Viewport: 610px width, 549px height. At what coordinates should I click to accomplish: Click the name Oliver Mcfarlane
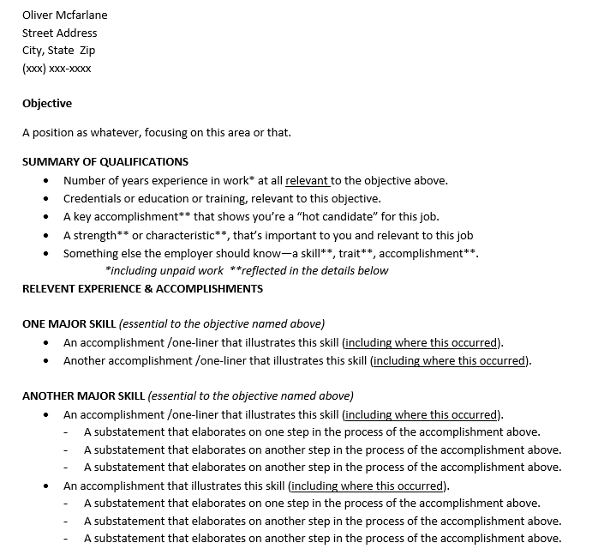coord(64,15)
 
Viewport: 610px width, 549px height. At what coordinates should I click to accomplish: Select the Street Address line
coord(59,33)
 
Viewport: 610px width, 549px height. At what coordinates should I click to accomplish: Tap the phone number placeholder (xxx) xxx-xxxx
coord(57,69)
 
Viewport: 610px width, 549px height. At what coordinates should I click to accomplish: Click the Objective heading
coord(47,104)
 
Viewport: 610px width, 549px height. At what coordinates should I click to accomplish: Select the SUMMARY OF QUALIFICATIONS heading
coord(105,161)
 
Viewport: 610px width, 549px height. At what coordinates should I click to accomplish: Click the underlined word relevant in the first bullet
coord(307,180)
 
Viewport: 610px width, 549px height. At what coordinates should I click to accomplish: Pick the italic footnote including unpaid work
coord(164,270)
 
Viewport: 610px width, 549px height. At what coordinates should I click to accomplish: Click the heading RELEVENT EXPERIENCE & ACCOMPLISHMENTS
coord(142,288)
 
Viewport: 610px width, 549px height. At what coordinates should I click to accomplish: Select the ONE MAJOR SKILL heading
coord(69,324)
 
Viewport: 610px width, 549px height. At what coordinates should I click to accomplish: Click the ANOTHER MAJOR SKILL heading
coord(83,396)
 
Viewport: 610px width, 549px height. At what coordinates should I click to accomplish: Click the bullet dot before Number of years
coord(45,181)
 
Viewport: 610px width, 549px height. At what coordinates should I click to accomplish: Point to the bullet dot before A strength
coord(45,235)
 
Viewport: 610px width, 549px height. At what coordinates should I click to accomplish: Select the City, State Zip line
coord(58,51)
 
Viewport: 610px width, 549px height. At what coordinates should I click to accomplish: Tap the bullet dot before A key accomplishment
coord(45,217)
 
